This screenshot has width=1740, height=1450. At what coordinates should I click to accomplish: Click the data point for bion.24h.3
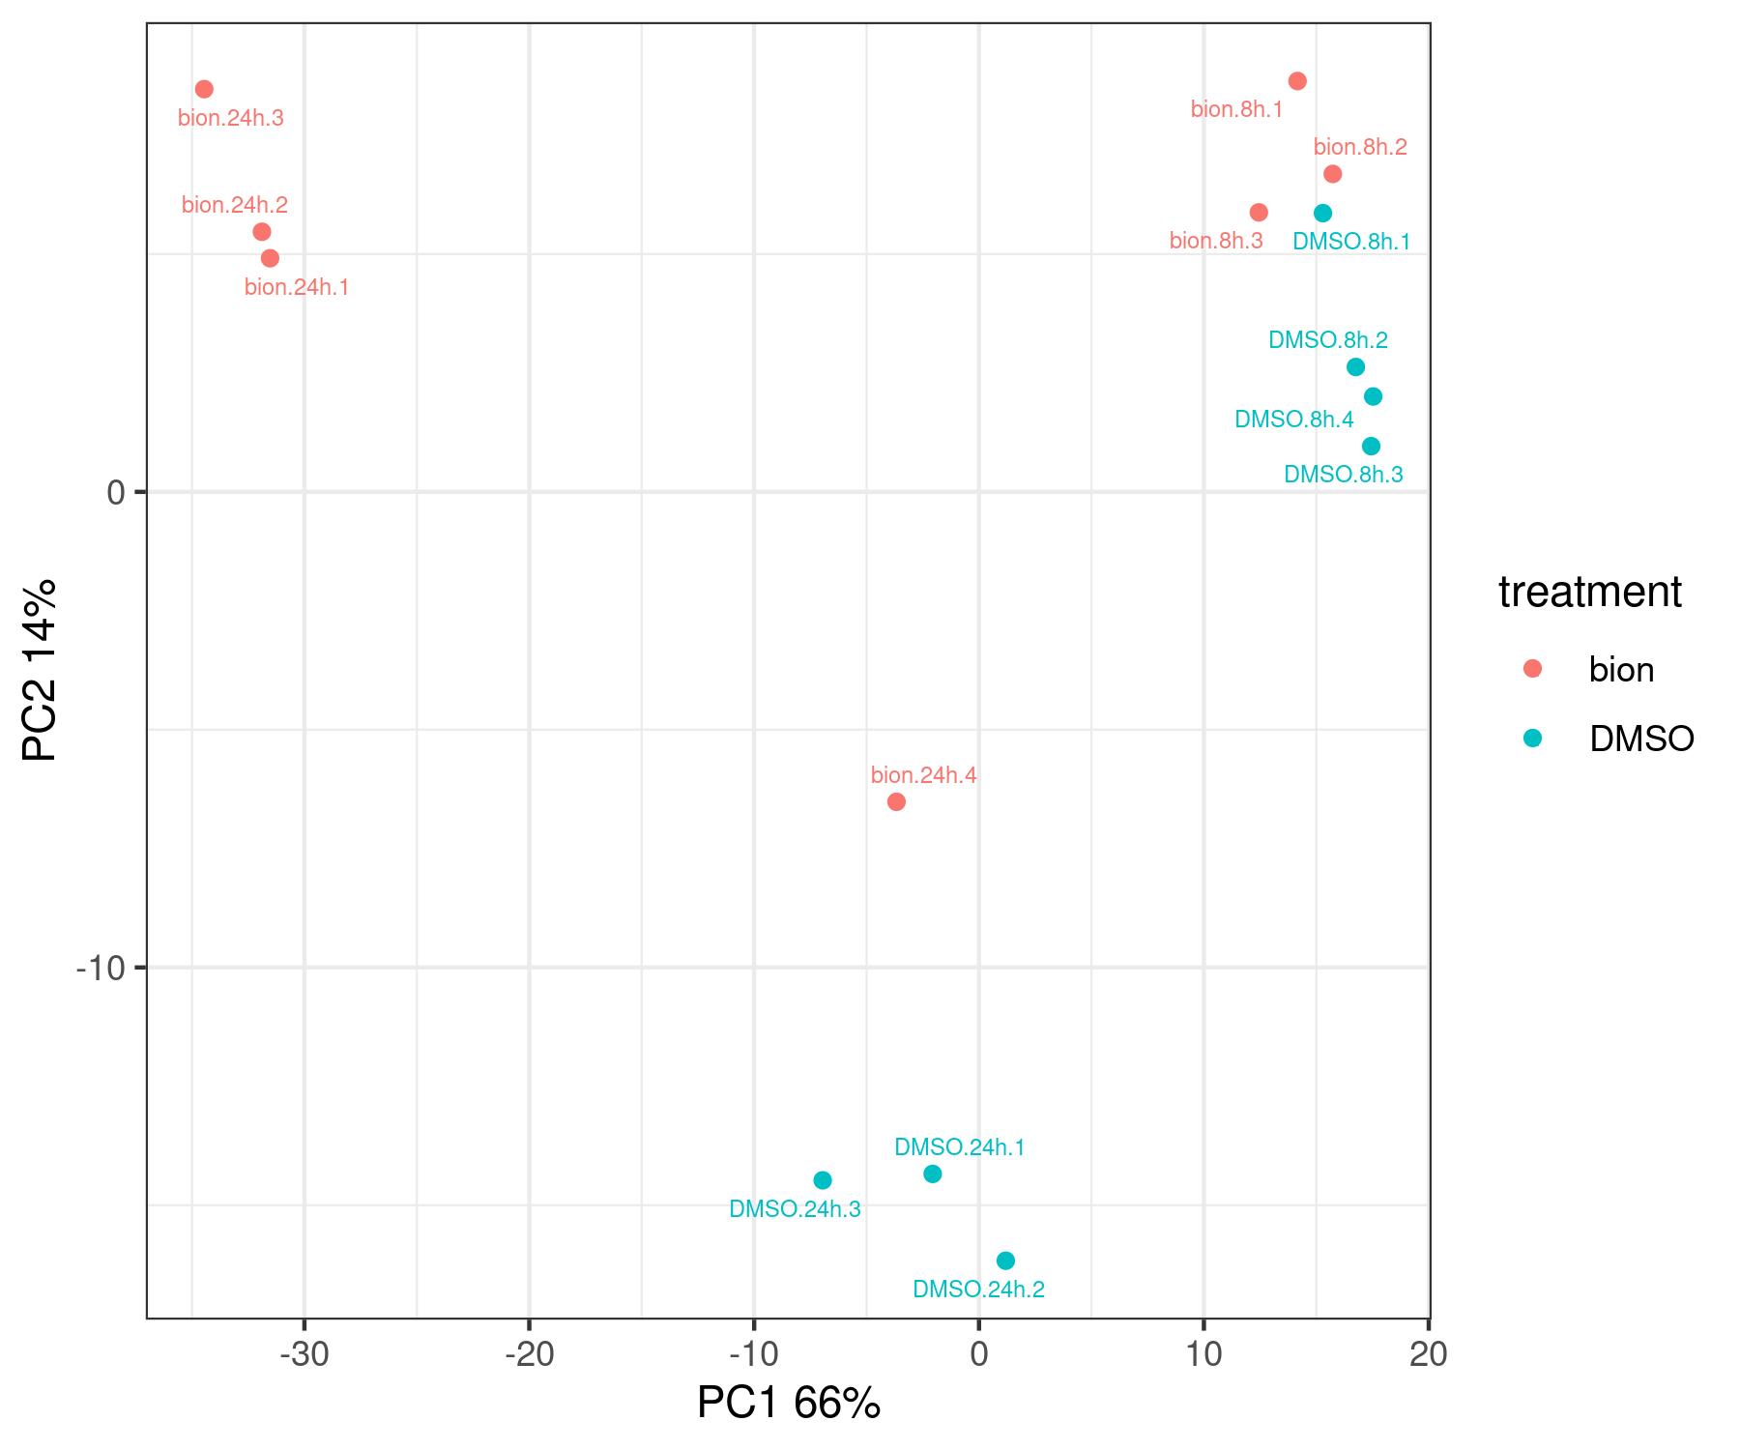coord(204,89)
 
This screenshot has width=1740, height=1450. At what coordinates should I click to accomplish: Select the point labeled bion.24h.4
coord(896,801)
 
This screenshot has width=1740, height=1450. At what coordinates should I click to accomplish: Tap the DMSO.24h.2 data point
coord(1005,1261)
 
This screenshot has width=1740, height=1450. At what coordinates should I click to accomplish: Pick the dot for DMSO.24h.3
coord(823,1180)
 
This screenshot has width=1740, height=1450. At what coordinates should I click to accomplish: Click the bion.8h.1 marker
coord(1297,81)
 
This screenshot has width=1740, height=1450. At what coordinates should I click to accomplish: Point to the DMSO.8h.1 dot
coord(1322,214)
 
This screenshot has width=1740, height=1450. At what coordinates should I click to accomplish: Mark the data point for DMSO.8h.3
coord(1371,446)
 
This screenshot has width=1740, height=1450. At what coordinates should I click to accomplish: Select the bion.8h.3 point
coord(1259,213)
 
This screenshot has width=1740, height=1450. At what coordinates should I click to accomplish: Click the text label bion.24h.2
coord(235,205)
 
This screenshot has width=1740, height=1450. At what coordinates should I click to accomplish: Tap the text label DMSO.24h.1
coord(959,1147)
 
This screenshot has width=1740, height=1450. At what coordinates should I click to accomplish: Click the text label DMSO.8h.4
coord(1294,420)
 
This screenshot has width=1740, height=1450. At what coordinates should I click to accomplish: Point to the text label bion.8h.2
coord(1360,147)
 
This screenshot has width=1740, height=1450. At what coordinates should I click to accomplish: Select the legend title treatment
coord(1590,592)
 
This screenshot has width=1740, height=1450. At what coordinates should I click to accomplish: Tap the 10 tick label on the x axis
coord(1203,1355)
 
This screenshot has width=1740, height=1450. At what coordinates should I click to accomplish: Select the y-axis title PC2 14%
coord(41,670)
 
